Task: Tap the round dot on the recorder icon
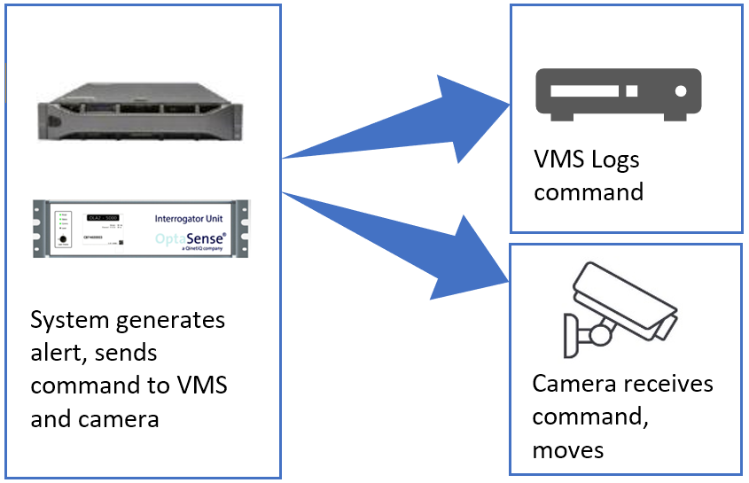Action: pyautogui.click(x=680, y=90)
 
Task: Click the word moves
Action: pyautogui.click(x=568, y=449)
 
